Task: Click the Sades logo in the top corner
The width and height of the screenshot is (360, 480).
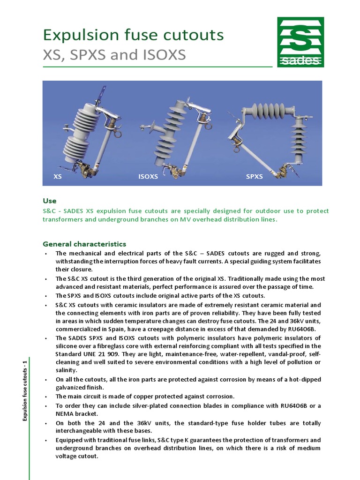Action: click(x=300, y=42)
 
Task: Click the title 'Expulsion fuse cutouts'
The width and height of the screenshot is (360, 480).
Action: click(x=133, y=35)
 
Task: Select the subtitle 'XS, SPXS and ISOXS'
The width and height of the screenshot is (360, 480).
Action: click(x=114, y=55)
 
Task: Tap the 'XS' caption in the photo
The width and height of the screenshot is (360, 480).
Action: click(x=58, y=177)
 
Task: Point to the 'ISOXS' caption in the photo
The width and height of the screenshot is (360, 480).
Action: click(x=148, y=177)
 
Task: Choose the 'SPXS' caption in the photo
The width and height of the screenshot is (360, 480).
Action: click(x=255, y=177)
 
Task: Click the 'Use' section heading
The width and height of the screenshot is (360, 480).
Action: click(x=49, y=201)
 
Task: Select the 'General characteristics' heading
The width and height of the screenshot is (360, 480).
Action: click(x=84, y=244)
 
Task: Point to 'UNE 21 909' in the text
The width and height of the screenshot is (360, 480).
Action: click(x=105, y=354)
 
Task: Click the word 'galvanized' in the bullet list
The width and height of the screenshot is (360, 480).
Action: click(x=73, y=387)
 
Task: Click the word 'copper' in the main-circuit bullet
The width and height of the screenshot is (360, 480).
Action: click(x=141, y=397)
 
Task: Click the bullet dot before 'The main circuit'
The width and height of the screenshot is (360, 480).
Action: click(x=46, y=397)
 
